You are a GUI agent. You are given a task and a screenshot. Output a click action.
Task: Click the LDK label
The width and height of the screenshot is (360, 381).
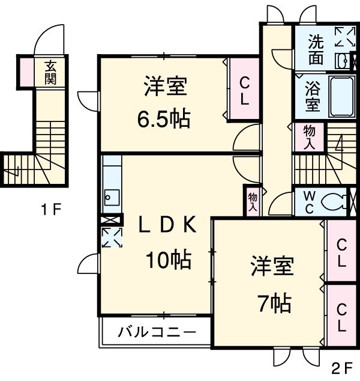coord(167,224)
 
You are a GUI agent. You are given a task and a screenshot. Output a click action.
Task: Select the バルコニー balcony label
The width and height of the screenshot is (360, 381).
coord(156,332)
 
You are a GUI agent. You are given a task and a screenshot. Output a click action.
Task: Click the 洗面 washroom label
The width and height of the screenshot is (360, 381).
coord(316,50)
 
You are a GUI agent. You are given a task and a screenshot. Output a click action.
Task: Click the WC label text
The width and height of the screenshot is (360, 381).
coord(310,202)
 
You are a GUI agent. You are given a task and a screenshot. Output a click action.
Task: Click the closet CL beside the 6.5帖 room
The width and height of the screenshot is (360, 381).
coord(244,90)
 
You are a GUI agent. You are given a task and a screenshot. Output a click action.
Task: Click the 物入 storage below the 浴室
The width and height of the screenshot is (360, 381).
coord(309,138)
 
